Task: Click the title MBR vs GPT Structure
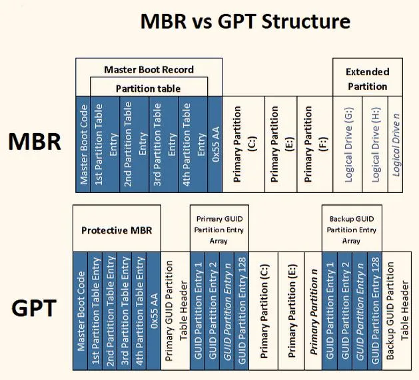[245, 21]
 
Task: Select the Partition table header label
[149, 88]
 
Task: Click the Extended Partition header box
[368, 77]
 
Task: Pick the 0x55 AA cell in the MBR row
[215, 144]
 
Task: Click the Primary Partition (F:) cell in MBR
[315, 144]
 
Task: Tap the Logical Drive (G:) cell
[347, 144]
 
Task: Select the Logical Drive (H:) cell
[375, 144]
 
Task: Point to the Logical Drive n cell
[395, 144]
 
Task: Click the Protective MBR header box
[117, 228]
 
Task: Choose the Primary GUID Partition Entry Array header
[219, 228]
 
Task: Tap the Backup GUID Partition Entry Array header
[352, 228]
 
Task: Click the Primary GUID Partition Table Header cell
[175, 311]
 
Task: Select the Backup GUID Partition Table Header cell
[396, 311]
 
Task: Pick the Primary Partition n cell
[313, 311]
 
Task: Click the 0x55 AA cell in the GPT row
[154, 311]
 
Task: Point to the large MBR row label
[35, 142]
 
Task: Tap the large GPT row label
[34, 308]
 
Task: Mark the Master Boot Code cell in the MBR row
[83, 144]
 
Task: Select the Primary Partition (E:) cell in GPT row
[291, 311]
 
